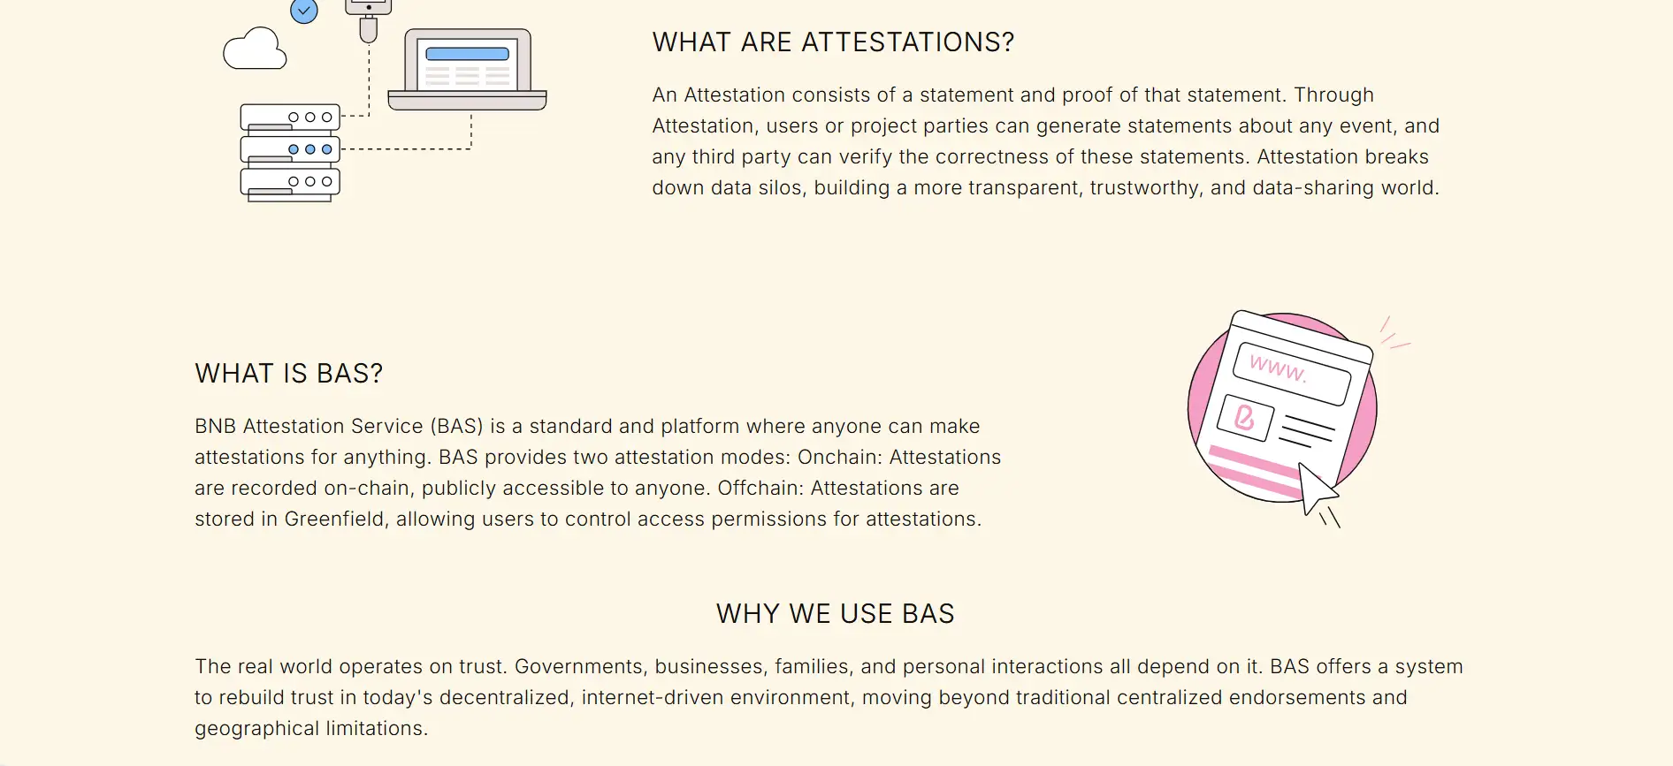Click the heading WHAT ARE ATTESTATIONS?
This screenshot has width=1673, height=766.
tap(833, 42)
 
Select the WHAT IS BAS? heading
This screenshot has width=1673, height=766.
tap(289, 374)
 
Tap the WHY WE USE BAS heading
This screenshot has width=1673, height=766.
tap(836, 614)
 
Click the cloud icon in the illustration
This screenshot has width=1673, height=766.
tap(255, 49)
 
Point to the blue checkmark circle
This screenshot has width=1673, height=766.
tap(304, 11)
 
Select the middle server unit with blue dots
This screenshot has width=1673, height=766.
tap(290, 149)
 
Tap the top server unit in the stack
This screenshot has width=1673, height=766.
tap(290, 117)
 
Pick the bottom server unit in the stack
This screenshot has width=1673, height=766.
tap(290, 182)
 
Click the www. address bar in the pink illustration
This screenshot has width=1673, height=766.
tap(1292, 373)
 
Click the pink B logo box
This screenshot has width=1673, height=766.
tap(1245, 417)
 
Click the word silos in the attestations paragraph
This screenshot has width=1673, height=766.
tap(782, 188)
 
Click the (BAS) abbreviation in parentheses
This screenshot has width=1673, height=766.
tap(457, 427)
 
